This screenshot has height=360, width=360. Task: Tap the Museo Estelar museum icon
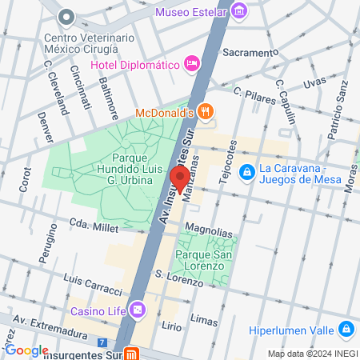[238, 11]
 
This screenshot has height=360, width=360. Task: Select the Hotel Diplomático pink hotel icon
[191, 62]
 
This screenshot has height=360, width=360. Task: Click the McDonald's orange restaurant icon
[206, 113]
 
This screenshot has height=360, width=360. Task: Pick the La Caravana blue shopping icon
[248, 171]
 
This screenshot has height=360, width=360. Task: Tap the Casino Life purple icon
[139, 308]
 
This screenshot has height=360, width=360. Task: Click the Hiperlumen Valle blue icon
[346, 328]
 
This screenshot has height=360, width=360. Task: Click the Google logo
[26, 350]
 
